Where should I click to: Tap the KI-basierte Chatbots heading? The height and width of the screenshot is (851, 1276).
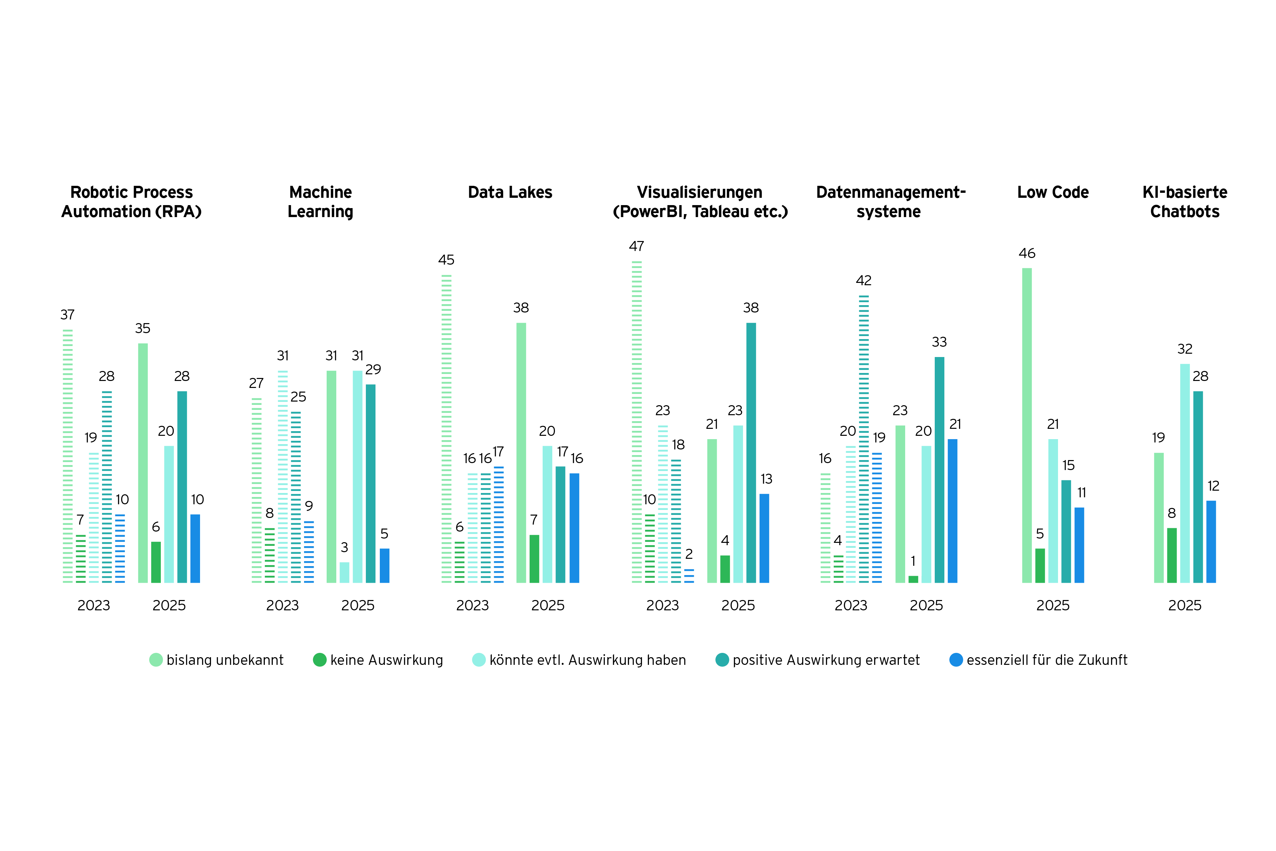(1185, 201)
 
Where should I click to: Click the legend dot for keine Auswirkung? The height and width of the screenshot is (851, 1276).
(320, 660)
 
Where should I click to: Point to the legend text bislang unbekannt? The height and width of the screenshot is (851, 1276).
(225, 660)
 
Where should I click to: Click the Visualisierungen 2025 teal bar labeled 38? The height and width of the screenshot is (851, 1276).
(751, 453)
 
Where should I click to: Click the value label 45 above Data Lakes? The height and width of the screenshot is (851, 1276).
(446, 260)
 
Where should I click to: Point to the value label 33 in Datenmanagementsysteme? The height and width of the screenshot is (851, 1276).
(939, 342)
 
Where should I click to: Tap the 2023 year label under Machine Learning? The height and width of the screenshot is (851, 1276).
(282, 605)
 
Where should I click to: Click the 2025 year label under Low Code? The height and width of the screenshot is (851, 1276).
(1052, 605)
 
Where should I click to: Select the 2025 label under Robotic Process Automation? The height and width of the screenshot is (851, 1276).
(169, 605)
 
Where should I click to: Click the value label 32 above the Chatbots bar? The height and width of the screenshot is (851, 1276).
(1185, 349)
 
